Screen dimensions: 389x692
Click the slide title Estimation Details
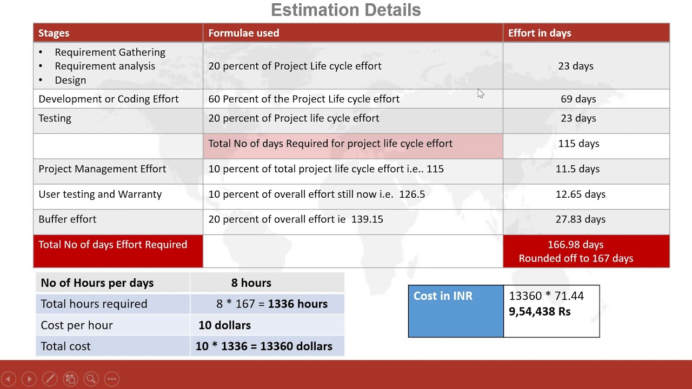pos(345,10)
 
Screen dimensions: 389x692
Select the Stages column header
pos(54,33)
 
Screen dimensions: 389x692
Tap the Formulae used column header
pos(243,33)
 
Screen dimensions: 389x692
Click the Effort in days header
pos(539,33)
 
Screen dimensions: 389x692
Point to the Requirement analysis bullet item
pos(104,66)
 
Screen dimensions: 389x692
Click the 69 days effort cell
pos(578,99)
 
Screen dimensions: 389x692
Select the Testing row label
pos(55,118)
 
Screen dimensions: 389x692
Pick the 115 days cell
pos(578,144)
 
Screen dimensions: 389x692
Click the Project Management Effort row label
pos(102,169)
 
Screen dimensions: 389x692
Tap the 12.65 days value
pos(580,194)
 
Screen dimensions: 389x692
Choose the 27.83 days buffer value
pos(580,219)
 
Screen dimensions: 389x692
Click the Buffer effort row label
pos(67,219)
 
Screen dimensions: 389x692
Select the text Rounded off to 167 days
pos(576,259)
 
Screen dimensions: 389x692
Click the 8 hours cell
pos(251,283)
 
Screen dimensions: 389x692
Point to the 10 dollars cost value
pos(224,325)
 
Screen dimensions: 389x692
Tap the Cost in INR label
pos(443,296)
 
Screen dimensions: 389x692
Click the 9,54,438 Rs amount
pos(540,312)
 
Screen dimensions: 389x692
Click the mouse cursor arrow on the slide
pos(481,94)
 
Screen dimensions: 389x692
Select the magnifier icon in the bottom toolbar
pos(91,379)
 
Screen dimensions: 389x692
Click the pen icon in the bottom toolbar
pos(49,379)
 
